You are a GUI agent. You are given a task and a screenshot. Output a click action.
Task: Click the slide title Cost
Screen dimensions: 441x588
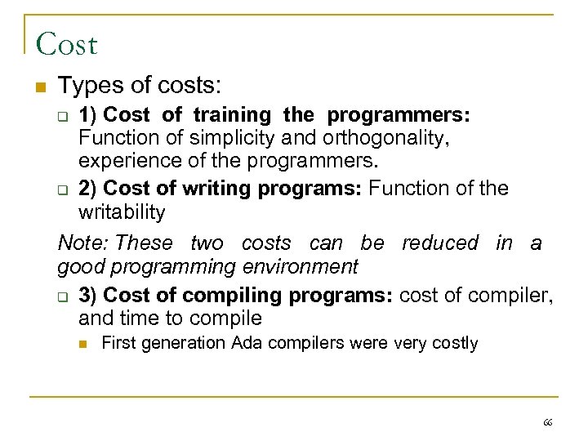point(66,43)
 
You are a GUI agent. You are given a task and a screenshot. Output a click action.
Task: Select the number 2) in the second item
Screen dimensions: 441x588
point(89,189)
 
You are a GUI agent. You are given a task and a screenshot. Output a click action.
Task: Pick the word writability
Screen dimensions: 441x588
point(122,212)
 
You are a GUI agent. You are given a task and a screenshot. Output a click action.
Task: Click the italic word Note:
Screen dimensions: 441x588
point(83,243)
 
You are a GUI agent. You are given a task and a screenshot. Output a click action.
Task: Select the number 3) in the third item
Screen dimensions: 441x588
point(89,295)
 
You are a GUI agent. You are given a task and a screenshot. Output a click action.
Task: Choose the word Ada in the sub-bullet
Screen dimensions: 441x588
point(247,343)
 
